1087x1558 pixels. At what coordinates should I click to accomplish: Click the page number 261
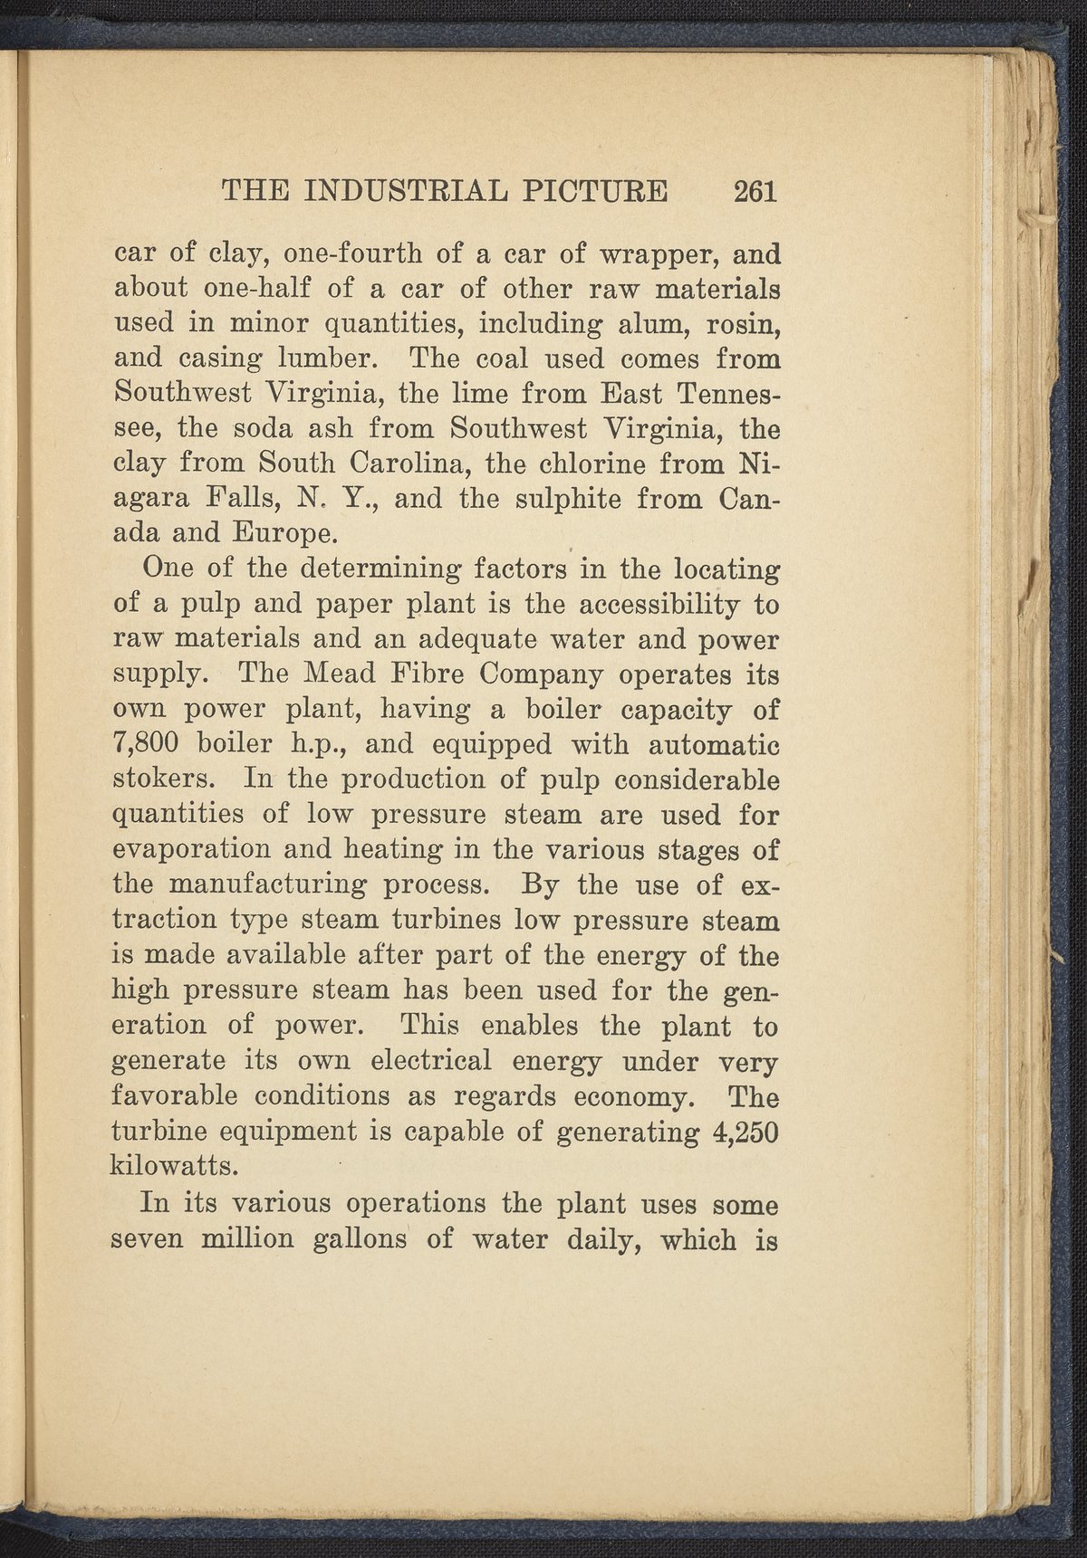(756, 191)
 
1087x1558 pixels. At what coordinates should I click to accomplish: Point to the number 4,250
(743, 1133)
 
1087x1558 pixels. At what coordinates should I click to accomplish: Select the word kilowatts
(175, 1167)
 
